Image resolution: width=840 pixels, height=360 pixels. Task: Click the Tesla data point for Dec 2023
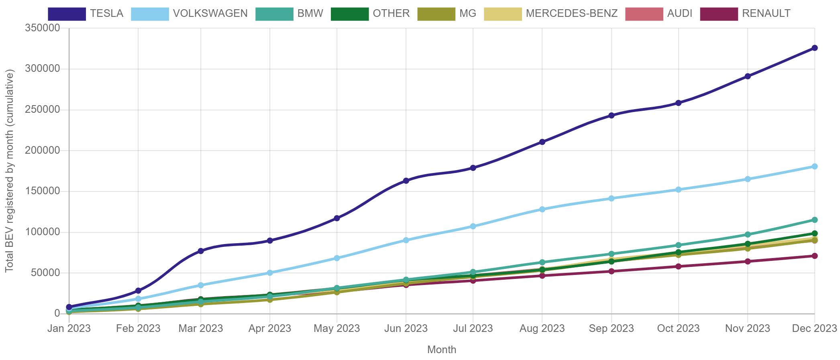click(814, 48)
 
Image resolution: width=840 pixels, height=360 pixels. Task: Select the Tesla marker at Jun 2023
click(406, 181)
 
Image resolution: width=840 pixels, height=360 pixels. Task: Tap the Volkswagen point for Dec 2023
click(814, 166)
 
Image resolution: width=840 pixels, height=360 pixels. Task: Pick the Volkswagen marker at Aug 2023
click(542, 209)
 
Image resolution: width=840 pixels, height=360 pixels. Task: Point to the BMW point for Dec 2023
click(814, 220)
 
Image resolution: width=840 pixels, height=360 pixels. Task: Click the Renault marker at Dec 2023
click(814, 256)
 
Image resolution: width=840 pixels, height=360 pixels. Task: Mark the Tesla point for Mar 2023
click(201, 251)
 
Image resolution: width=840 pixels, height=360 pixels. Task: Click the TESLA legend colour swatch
click(67, 14)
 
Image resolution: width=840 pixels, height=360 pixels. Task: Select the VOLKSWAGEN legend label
click(210, 13)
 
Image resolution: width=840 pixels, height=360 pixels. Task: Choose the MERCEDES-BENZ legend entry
click(571, 13)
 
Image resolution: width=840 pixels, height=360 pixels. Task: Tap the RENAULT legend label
click(766, 13)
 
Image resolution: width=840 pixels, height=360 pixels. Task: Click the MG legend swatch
click(436, 14)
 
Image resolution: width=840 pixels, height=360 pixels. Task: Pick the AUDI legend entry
click(679, 13)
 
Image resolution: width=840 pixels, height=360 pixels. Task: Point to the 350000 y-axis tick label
click(42, 28)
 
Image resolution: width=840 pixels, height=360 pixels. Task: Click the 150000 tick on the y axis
click(42, 191)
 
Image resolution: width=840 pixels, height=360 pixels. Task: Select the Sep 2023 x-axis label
click(611, 328)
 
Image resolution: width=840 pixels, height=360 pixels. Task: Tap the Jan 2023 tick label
click(69, 328)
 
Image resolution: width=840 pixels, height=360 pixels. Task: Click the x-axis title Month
click(442, 350)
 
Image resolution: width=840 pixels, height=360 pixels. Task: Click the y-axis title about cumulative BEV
click(10, 171)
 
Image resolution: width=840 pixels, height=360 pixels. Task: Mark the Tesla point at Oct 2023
click(678, 103)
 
